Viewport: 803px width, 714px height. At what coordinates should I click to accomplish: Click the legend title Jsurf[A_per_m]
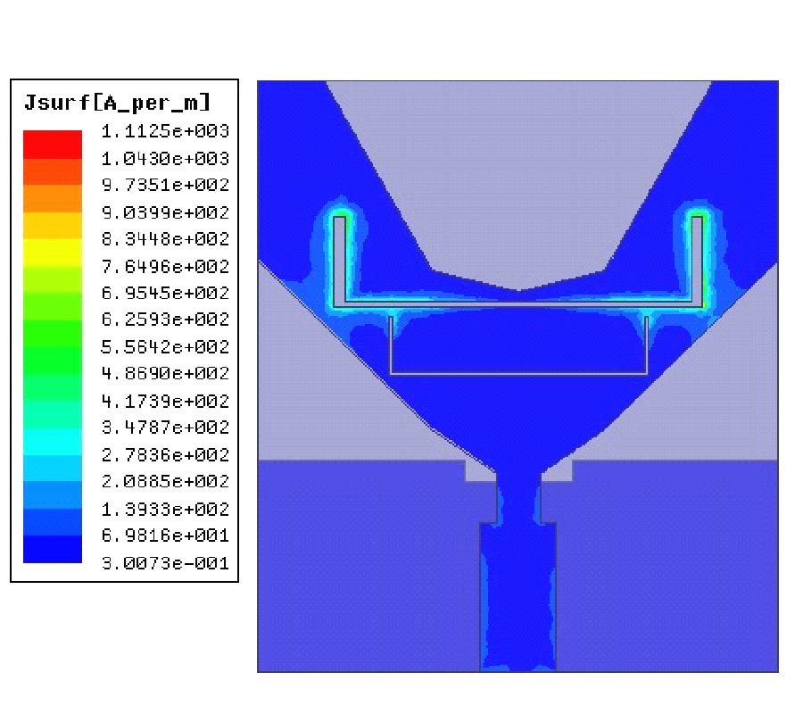pyautogui.click(x=117, y=103)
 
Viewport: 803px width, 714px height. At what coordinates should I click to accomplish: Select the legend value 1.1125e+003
pyautogui.click(x=165, y=131)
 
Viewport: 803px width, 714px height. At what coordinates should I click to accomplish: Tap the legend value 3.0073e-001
pyautogui.click(x=165, y=563)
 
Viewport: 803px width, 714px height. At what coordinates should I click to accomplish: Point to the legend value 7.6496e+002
pyautogui.click(x=165, y=266)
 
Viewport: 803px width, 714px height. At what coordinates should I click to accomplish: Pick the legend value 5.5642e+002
pyautogui.click(x=165, y=347)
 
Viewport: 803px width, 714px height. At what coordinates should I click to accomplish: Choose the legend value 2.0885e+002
pyautogui.click(x=165, y=481)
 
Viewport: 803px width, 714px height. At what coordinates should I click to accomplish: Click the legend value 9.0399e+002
pyautogui.click(x=165, y=212)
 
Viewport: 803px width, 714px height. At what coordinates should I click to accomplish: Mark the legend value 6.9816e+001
pyautogui.click(x=165, y=535)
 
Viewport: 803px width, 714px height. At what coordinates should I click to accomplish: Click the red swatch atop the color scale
pyautogui.click(x=53, y=145)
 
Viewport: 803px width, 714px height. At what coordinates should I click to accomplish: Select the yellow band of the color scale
pyautogui.click(x=53, y=253)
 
